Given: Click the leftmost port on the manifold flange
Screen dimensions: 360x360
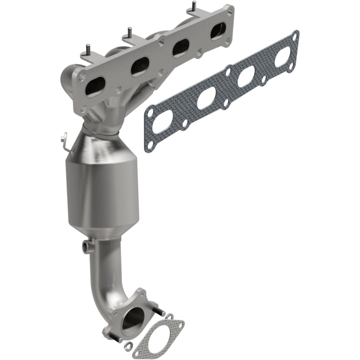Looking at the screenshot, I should coord(95,86).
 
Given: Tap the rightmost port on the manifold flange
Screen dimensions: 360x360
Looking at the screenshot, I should coord(218,31).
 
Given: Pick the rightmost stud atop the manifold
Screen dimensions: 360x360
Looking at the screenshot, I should coord(193,7).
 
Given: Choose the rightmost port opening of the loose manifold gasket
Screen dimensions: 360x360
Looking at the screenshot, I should coord(283,56).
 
